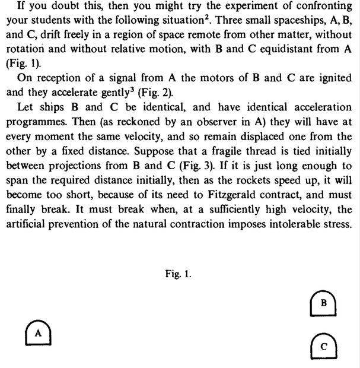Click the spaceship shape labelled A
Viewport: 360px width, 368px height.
pos(38,333)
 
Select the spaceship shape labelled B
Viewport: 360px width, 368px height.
pos(323,303)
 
